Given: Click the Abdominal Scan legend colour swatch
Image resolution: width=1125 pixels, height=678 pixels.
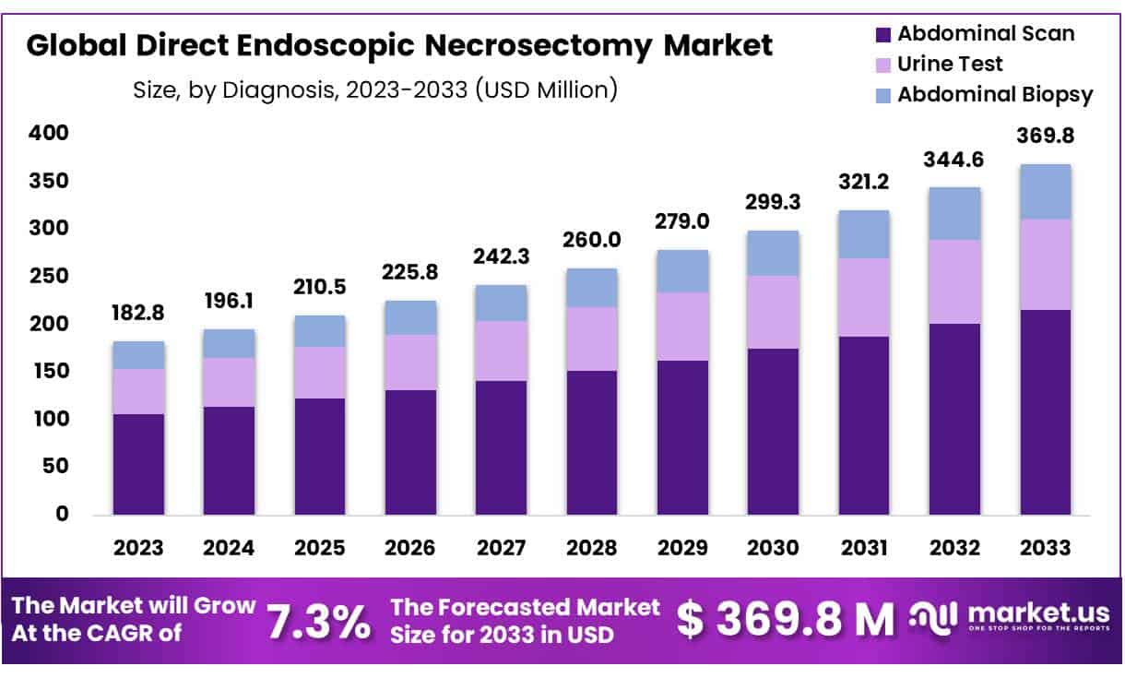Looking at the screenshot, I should pyautogui.click(x=882, y=35).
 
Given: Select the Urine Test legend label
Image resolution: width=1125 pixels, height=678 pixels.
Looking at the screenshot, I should pyautogui.click(x=950, y=64).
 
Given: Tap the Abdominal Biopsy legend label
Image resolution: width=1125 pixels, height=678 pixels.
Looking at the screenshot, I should pyautogui.click(x=995, y=94).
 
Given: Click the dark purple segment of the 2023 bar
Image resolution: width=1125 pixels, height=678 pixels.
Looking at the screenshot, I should pyautogui.click(x=138, y=464).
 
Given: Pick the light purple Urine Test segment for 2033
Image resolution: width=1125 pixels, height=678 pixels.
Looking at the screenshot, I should pyautogui.click(x=1045, y=265).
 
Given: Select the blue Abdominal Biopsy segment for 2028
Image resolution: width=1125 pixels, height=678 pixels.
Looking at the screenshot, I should pyautogui.click(x=592, y=288).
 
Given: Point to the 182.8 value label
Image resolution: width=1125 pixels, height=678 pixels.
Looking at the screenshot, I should pyautogui.click(x=138, y=313).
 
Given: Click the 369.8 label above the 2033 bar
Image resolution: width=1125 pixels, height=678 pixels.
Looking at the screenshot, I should pyautogui.click(x=1045, y=137).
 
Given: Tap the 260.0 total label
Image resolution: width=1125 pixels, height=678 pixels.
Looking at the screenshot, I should pyautogui.click(x=592, y=240).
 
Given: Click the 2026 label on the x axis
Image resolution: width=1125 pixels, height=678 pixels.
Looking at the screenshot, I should pyautogui.click(x=410, y=548).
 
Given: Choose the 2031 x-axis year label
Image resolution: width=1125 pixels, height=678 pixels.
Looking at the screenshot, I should pyautogui.click(x=864, y=548).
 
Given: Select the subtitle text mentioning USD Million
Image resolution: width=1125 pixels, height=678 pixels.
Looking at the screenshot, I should pyautogui.click(x=375, y=90).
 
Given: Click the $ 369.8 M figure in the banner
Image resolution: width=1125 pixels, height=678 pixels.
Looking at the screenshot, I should pyautogui.click(x=785, y=620).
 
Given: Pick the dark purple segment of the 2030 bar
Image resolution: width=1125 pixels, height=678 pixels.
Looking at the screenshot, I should pyautogui.click(x=773, y=432).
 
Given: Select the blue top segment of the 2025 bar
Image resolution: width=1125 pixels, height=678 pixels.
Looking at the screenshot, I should pyautogui.click(x=320, y=331).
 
